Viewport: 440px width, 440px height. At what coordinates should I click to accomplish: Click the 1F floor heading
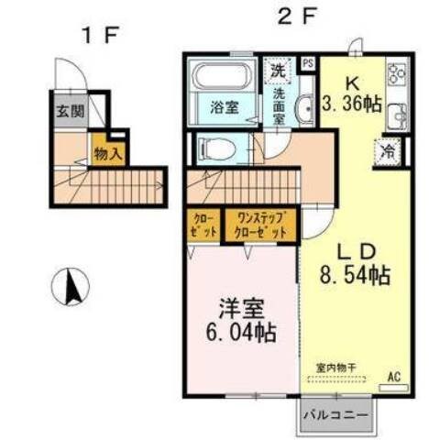[x=99, y=36]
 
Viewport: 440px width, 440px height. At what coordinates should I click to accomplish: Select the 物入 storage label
[x=108, y=153]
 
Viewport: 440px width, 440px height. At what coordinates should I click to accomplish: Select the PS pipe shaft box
[x=307, y=63]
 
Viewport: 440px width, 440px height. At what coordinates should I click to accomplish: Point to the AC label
[x=395, y=376]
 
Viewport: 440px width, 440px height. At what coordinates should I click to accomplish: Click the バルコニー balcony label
[x=336, y=416]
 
